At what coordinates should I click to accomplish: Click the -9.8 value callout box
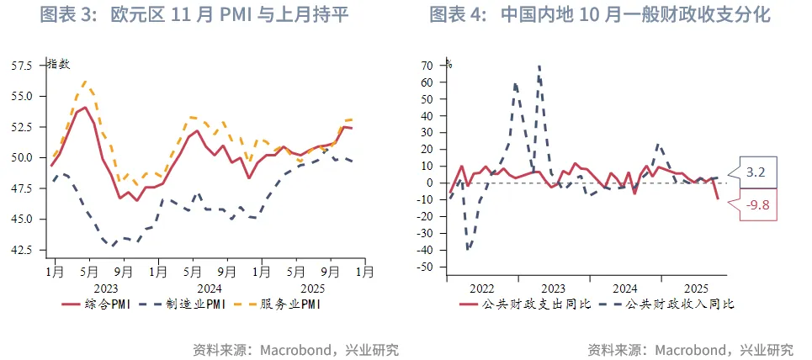[x=754, y=204]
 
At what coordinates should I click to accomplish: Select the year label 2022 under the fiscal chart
[x=481, y=288]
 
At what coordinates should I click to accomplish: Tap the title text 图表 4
[x=457, y=15]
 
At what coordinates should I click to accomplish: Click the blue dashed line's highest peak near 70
[x=539, y=66]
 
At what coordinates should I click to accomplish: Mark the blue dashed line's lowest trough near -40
[x=467, y=249]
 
